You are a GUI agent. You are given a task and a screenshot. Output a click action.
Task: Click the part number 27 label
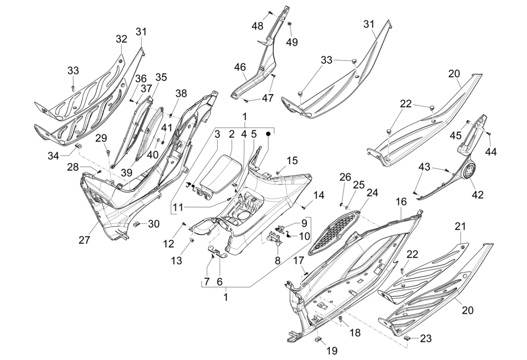click(84, 240)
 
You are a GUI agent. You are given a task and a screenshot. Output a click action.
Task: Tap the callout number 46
click(240, 67)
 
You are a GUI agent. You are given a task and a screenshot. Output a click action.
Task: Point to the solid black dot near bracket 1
click(269, 133)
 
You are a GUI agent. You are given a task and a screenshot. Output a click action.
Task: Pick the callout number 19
click(331, 351)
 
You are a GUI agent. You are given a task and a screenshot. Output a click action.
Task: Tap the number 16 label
click(402, 202)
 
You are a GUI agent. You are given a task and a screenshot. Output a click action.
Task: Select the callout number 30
click(153, 224)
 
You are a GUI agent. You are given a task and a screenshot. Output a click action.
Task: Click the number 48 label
click(257, 26)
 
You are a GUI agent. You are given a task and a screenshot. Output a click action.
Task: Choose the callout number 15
click(292, 161)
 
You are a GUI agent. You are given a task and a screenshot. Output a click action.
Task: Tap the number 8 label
click(277, 260)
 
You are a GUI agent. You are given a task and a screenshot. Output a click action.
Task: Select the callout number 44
click(492, 152)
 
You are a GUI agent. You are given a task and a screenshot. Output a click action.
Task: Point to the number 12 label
click(169, 244)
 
